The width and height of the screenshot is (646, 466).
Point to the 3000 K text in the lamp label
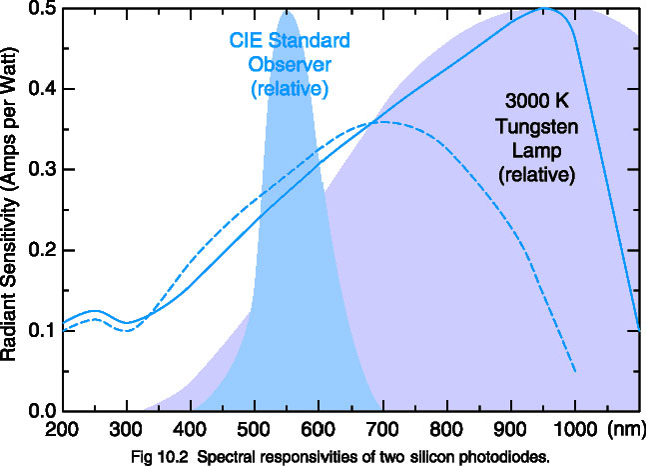pos(539,103)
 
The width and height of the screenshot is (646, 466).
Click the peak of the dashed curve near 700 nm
pos(380,122)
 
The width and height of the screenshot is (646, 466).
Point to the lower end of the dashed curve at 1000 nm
pos(575,371)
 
